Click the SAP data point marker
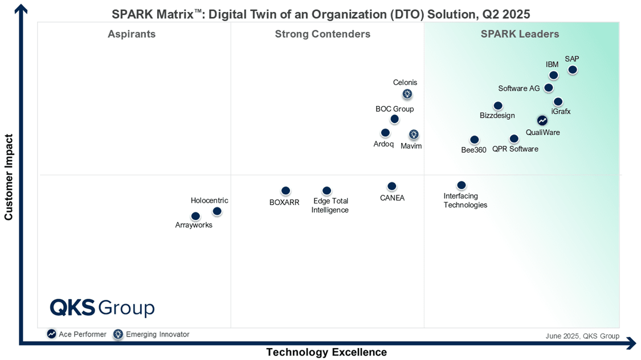coord(572,69)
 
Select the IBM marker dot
coord(553,75)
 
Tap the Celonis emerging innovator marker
coord(407,94)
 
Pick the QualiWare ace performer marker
coord(542,120)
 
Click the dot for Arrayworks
coord(195,216)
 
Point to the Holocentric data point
coord(217,211)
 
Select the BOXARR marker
coord(285,191)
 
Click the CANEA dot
coord(391,186)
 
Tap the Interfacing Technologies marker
coord(461,185)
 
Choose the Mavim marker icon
coord(414,134)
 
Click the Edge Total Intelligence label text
coord(330,205)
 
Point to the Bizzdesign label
coord(497,116)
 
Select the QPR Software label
coord(515,149)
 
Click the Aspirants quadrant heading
coord(132,34)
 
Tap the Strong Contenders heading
coord(322,34)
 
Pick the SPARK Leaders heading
coord(520,34)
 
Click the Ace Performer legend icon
coord(52,334)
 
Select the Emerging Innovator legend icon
coord(118,334)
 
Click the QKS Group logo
coord(102,308)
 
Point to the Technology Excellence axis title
coord(326,352)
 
